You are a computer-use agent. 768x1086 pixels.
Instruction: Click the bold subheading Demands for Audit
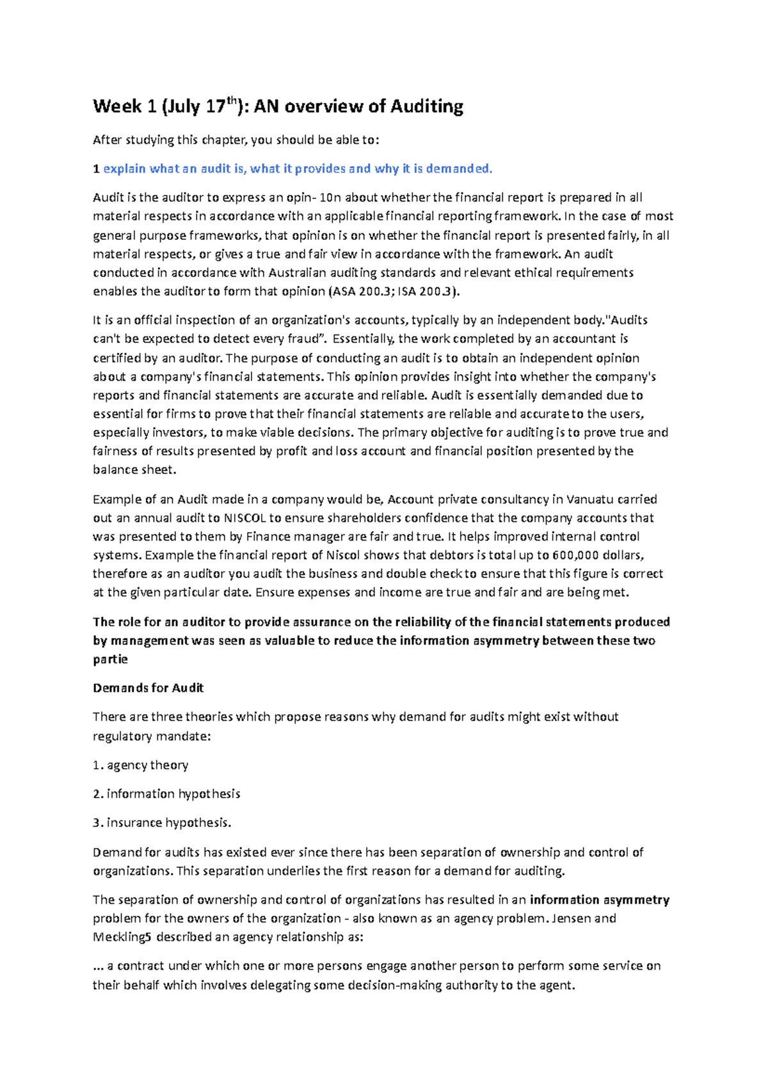(148, 688)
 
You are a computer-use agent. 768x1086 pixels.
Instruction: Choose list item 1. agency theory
(140, 765)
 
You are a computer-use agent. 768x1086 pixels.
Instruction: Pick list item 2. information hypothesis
(166, 794)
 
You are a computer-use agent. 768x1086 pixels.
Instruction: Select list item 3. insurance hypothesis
(162, 822)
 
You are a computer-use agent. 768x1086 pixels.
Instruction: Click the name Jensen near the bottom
(572, 918)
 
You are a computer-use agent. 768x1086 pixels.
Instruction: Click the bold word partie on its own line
(110, 659)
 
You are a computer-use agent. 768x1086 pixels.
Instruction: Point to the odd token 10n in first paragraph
(330, 198)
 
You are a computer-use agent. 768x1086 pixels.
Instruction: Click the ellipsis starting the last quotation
(98, 966)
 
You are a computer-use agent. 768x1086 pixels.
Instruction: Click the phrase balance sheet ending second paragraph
(133, 470)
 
